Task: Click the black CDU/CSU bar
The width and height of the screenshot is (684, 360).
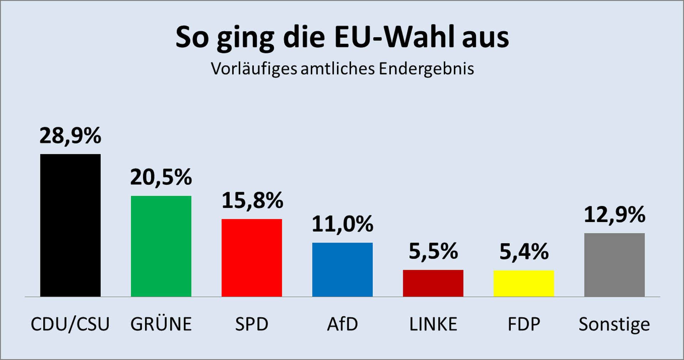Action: [x=70, y=225]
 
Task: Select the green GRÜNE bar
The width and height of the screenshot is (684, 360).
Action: [x=161, y=246]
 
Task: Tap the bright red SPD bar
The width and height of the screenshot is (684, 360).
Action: [x=252, y=257]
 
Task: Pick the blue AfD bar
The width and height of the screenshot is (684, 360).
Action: [x=342, y=270]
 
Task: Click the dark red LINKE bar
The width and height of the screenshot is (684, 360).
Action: [x=433, y=283]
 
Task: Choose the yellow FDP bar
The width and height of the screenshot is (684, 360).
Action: [x=524, y=283]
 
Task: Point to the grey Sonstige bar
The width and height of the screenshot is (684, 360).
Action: [x=614, y=265]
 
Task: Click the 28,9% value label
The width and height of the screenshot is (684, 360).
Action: [x=70, y=136]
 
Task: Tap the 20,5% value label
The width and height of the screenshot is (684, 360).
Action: [x=161, y=177]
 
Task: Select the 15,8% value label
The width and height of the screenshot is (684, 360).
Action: [x=252, y=200]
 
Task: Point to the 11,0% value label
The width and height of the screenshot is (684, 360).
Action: [x=342, y=224]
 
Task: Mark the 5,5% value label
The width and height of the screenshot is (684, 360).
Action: [x=433, y=251]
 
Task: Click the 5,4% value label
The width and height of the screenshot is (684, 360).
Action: [x=524, y=252]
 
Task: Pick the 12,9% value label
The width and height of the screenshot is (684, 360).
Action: [x=615, y=215]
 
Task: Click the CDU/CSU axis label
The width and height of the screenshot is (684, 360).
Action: [x=70, y=324]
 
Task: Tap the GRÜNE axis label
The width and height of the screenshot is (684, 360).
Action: [x=161, y=324]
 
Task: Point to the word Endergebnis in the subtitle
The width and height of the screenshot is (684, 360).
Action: [x=426, y=69]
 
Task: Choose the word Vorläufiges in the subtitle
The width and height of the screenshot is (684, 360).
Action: [x=254, y=69]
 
